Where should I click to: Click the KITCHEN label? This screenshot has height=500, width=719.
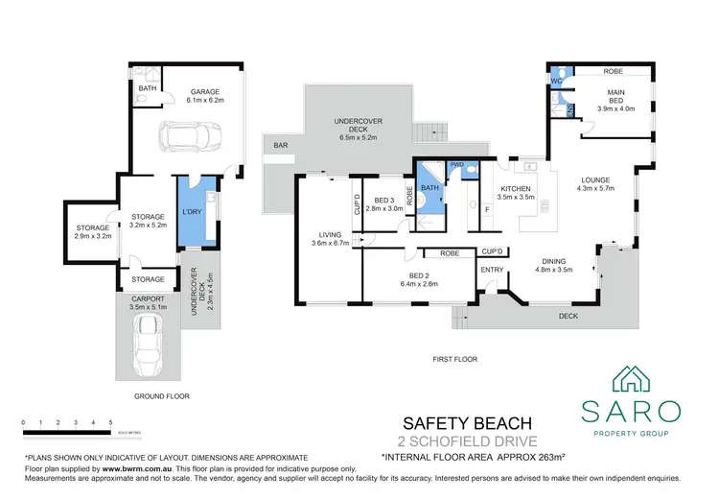click(516, 188)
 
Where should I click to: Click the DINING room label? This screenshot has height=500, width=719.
click(553, 261)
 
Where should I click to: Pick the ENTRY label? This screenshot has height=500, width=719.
click(492, 270)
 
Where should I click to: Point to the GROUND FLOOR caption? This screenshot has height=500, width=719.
click(162, 396)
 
